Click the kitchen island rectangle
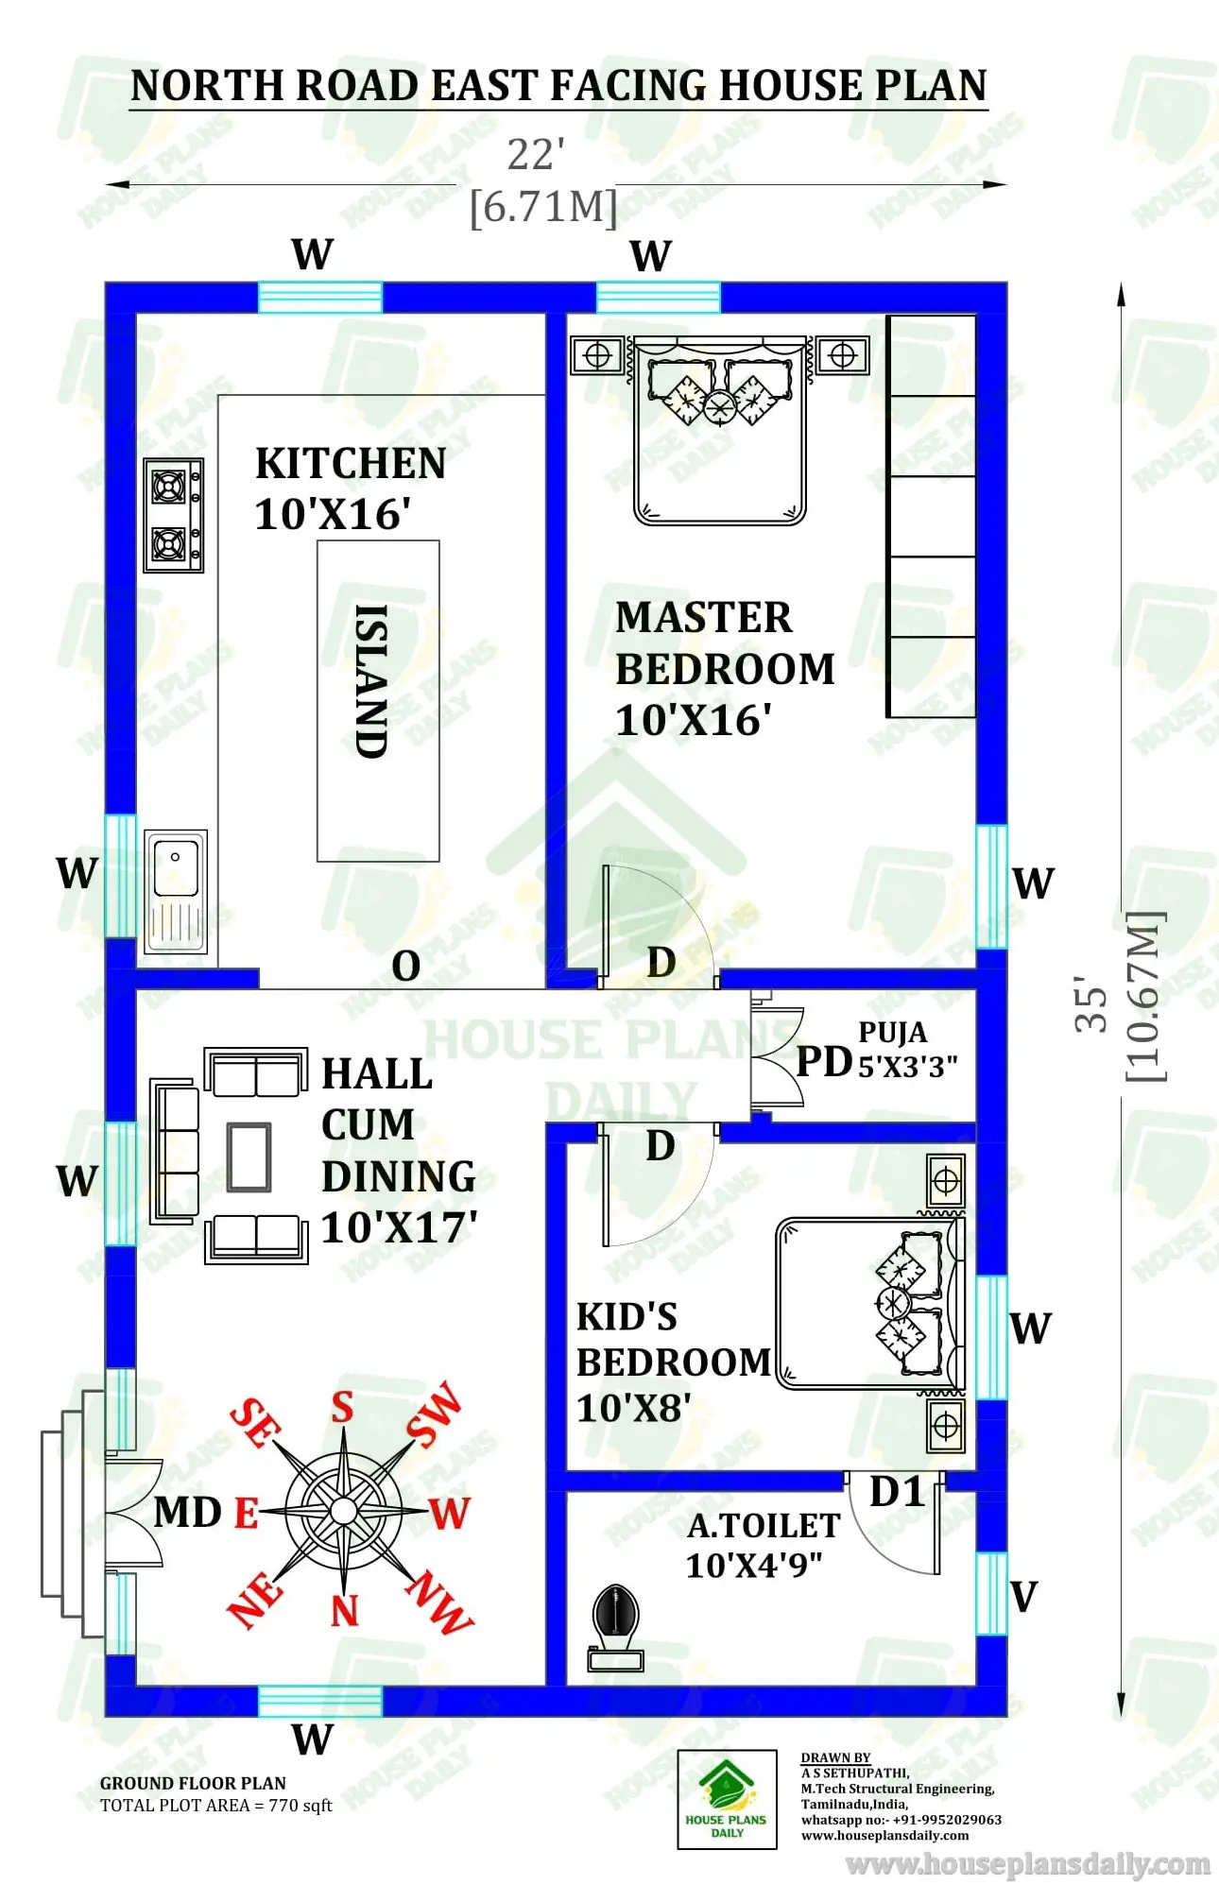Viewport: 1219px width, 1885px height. (x=377, y=700)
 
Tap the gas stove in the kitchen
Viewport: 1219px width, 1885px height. (x=173, y=516)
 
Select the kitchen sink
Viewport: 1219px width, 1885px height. (x=176, y=891)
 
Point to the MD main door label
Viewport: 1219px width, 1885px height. (x=188, y=1513)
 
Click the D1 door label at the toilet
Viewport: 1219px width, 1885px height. (x=896, y=1493)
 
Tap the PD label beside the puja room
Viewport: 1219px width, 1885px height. (x=824, y=1062)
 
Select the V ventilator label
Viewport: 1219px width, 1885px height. (x=1024, y=1597)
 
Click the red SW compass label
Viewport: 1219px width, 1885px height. (x=436, y=1414)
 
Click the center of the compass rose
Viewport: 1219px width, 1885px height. (x=344, y=1509)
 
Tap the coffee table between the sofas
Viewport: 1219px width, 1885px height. (x=249, y=1157)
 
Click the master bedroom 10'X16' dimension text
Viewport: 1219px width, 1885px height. (x=693, y=721)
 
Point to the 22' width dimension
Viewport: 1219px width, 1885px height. (x=536, y=155)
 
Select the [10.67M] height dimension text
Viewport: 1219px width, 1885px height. (x=1144, y=996)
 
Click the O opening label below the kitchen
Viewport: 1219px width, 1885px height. (x=405, y=966)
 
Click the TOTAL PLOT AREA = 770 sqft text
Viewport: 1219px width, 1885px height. (x=216, y=1806)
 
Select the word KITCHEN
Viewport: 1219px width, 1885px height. (x=351, y=464)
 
